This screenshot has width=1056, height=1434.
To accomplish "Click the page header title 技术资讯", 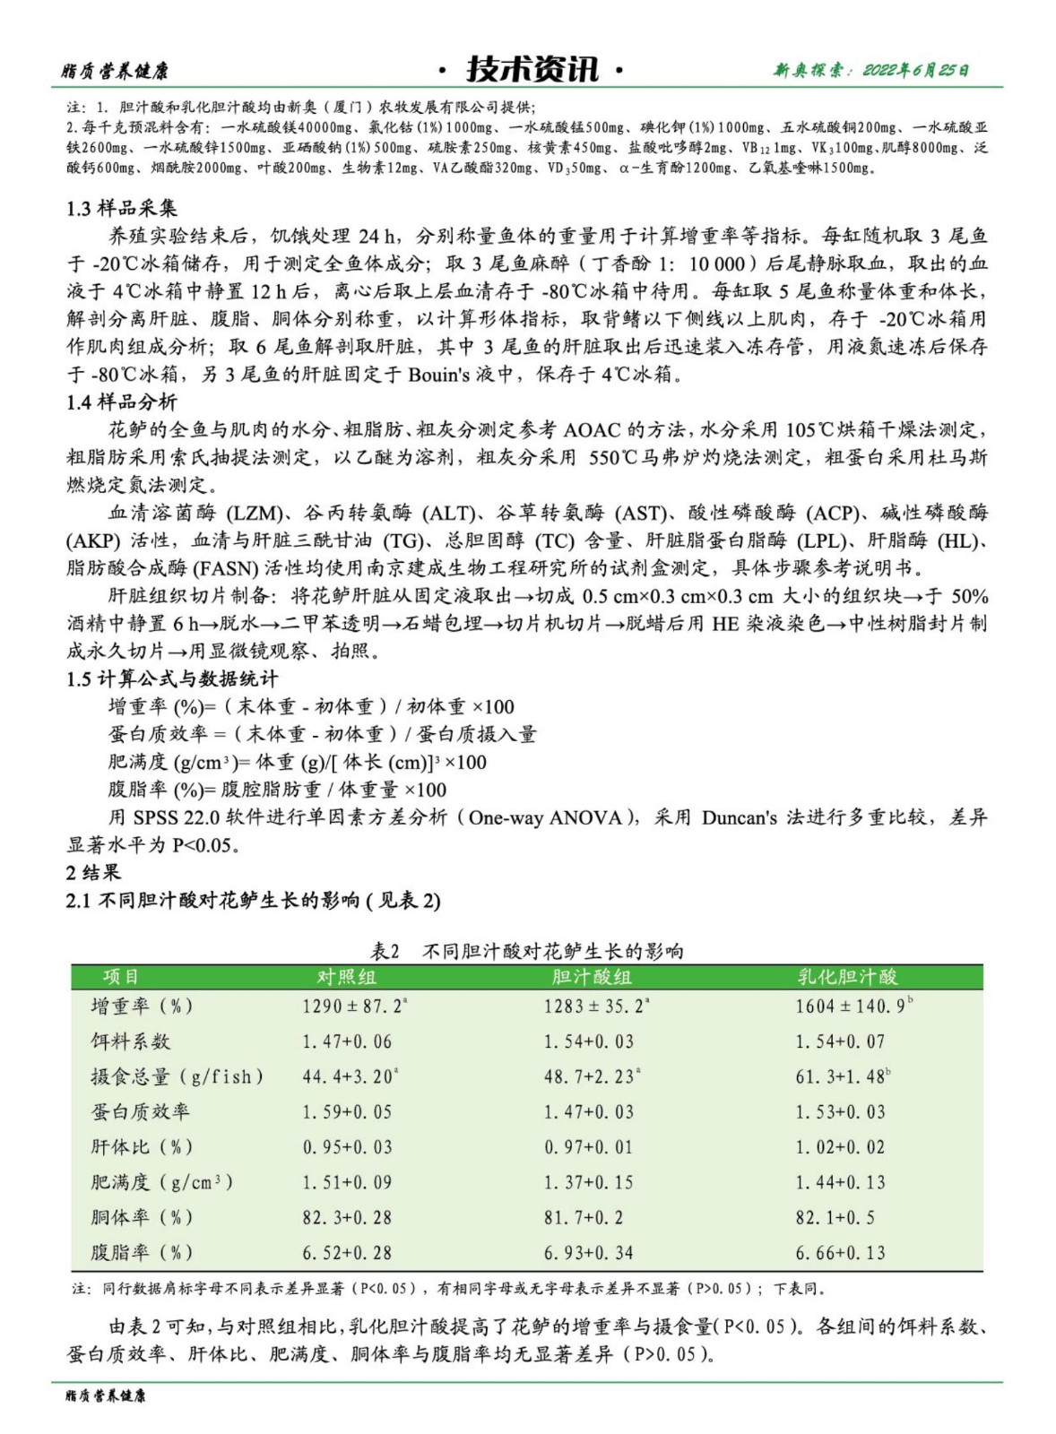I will point(532,69).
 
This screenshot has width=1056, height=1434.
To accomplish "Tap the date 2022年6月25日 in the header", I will point(915,70).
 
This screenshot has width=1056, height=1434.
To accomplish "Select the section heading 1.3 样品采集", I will point(122,208).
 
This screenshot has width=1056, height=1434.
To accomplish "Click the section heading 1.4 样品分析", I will point(122,402).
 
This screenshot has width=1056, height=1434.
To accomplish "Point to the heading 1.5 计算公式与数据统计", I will point(172,678).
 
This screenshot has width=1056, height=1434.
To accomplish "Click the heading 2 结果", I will point(93,872).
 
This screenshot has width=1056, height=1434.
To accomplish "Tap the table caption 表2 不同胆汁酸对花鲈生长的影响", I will point(527,951).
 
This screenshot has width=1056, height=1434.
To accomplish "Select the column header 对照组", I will point(347,977).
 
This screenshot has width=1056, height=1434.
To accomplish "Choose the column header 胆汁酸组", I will point(592,977).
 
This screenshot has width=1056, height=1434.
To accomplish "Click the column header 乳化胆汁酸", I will point(848,977).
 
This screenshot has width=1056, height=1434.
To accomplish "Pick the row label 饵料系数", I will point(131,1041).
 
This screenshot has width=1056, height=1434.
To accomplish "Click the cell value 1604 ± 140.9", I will point(851,1006).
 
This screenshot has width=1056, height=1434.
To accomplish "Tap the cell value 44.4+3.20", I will point(348,1076).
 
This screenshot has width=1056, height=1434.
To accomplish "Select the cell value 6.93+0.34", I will point(588,1252).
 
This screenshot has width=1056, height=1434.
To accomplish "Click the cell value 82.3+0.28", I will point(347,1217).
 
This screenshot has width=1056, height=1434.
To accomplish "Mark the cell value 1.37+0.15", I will point(588,1182).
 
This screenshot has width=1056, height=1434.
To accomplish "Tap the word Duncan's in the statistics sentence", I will point(740,817).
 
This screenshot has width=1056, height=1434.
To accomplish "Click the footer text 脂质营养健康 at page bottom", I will point(106,1395).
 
